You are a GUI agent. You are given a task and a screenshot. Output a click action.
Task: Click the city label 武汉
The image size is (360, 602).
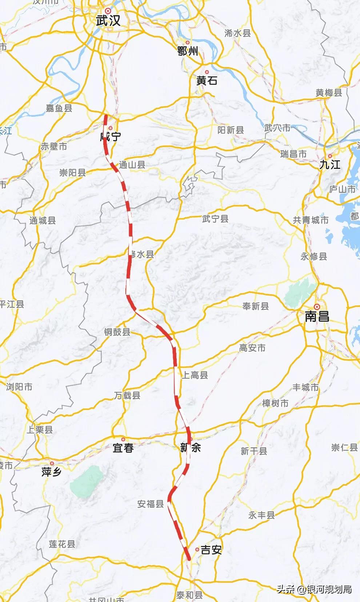[x=108, y=20]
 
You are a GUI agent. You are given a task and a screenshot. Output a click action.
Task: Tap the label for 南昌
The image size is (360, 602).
[x=317, y=316]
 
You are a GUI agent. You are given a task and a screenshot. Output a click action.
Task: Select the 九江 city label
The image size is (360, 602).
[x=330, y=165]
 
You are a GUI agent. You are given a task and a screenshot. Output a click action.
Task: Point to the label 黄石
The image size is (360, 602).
[x=207, y=80]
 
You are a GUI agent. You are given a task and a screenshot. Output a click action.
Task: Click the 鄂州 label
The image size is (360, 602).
[x=188, y=51]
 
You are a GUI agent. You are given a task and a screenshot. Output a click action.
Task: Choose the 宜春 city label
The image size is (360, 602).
[x=123, y=448]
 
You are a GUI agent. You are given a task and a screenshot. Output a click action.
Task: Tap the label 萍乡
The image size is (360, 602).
[x=51, y=472]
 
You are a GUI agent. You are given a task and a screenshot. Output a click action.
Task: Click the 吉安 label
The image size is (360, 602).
[x=211, y=550]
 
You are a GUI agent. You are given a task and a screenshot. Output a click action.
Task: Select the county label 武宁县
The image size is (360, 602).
[x=215, y=218]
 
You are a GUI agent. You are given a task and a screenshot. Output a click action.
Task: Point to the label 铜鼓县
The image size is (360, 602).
[x=117, y=332]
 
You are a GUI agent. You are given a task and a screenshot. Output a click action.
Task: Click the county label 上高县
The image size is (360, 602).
[x=195, y=375]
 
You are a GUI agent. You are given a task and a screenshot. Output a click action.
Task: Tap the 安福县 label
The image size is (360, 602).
[x=151, y=504]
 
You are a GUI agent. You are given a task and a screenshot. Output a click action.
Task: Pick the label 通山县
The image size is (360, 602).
[x=132, y=165]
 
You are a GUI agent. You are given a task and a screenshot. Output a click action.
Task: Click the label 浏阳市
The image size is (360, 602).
[x=19, y=387]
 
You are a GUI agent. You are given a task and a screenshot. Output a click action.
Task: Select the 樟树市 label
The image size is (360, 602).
[x=275, y=403]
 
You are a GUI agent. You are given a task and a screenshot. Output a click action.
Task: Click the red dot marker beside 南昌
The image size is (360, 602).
[x=317, y=307]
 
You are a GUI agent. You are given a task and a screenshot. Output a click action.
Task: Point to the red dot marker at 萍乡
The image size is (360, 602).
[x=52, y=463]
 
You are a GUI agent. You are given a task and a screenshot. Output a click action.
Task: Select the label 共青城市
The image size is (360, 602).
[x=311, y=220]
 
